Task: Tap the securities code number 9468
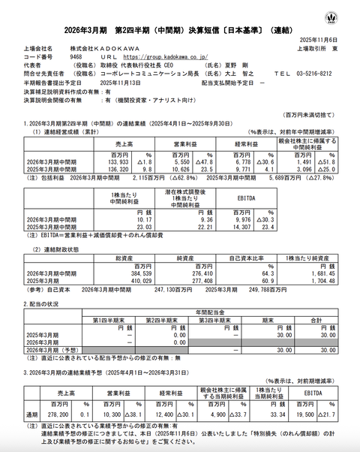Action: (x=75, y=55)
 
